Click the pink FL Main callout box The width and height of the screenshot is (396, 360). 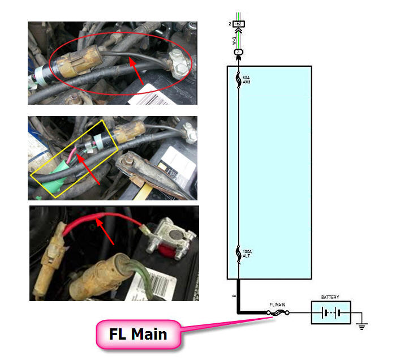point(138,334)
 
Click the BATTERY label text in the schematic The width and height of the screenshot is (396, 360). point(330,297)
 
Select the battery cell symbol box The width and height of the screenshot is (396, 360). point(331,312)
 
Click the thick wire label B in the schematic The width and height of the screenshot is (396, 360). point(234,295)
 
